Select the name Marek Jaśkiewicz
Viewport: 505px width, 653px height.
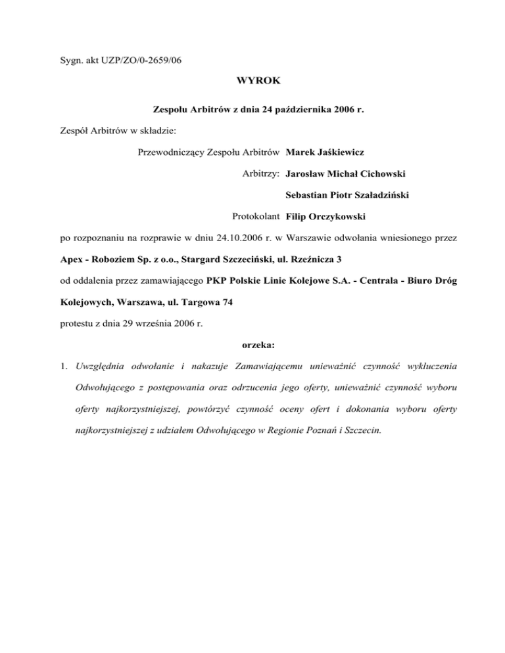click(326, 152)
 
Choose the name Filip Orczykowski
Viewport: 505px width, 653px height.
click(327, 216)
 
